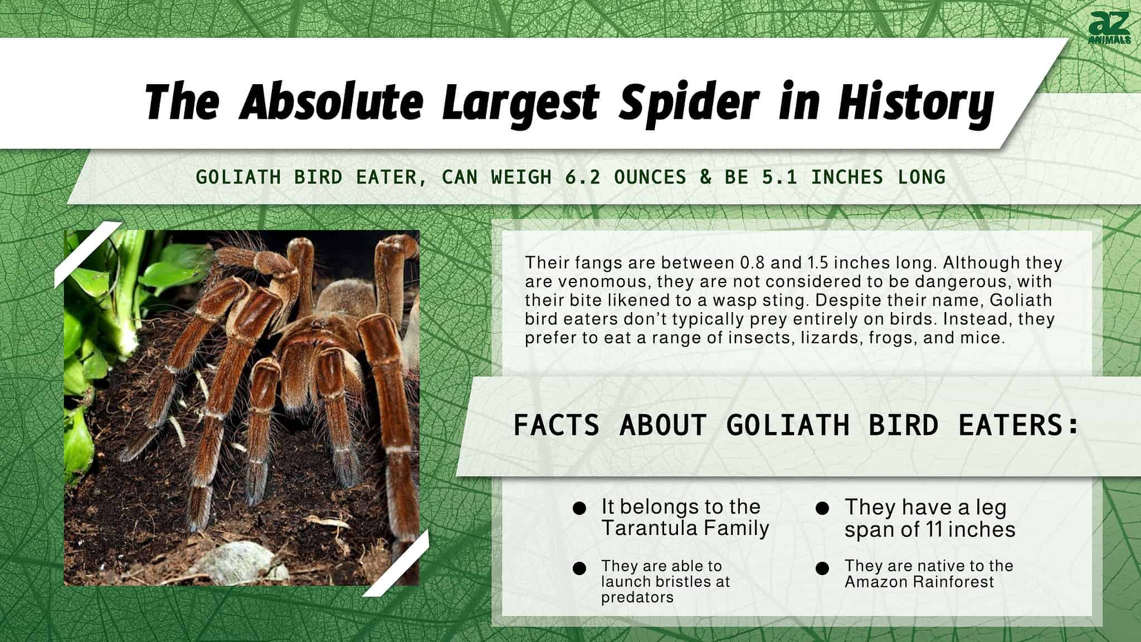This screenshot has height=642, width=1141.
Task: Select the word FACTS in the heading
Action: click(x=556, y=426)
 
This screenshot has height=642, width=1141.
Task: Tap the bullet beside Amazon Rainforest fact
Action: click(x=822, y=568)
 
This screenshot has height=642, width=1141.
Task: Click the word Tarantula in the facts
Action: click(x=640, y=528)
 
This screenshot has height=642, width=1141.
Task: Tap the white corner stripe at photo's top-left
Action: click(x=88, y=255)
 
